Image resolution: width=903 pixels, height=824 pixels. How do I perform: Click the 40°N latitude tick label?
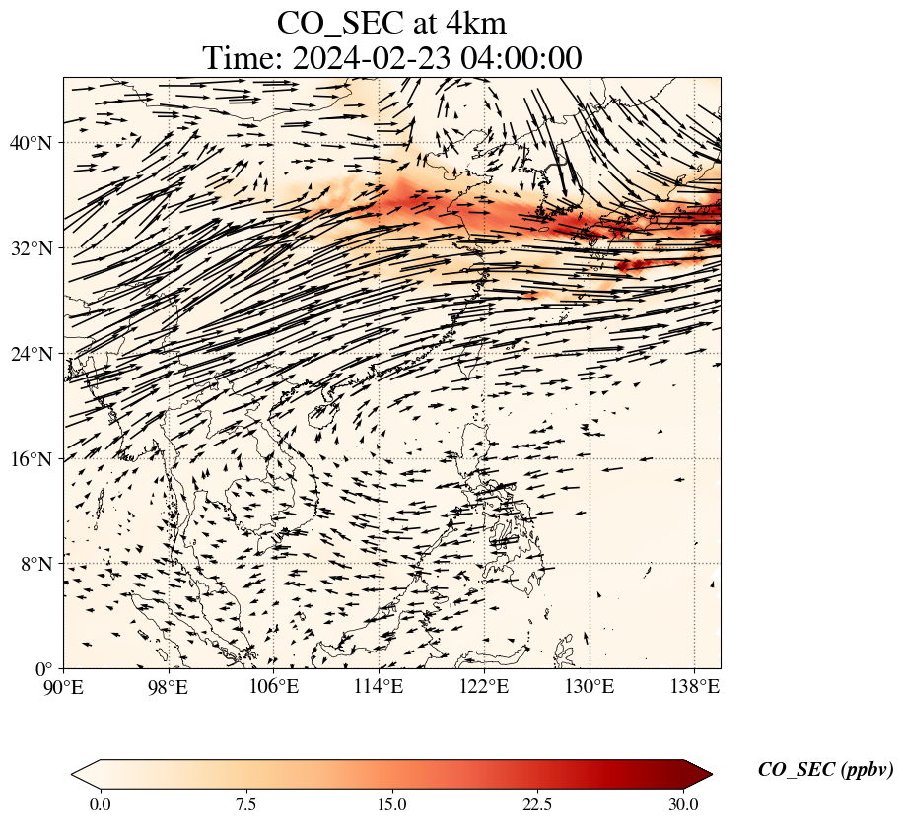click(30, 142)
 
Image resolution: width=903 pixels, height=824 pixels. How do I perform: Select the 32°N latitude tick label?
click(30, 248)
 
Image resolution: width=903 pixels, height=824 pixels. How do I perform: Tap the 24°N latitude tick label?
click(30, 353)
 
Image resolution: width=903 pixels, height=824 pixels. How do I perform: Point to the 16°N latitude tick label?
click(30, 459)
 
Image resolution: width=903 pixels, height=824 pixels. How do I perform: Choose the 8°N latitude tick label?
click(36, 564)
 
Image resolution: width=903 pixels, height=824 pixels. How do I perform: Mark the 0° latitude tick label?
click(43, 669)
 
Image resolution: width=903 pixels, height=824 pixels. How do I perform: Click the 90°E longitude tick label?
click(63, 686)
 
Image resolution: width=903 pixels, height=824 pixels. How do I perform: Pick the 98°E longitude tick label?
click(169, 686)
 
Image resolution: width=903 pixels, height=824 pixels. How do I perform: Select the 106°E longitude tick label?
click(273, 686)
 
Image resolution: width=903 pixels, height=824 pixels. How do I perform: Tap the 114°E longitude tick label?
click(379, 686)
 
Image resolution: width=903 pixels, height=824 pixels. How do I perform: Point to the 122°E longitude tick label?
click(484, 686)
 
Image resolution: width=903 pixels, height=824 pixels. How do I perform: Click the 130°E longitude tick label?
click(590, 686)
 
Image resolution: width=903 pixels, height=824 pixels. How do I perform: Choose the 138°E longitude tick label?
click(695, 686)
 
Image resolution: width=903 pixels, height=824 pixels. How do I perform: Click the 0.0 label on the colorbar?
click(101, 804)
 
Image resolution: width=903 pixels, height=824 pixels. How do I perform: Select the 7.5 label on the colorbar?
click(245, 804)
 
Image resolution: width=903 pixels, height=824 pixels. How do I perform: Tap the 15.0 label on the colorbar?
click(391, 804)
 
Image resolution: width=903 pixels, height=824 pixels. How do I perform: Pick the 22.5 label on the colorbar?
click(537, 804)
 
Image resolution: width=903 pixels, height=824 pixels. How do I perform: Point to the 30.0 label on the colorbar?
click(683, 804)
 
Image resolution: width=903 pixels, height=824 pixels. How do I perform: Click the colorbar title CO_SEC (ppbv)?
click(825, 770)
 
